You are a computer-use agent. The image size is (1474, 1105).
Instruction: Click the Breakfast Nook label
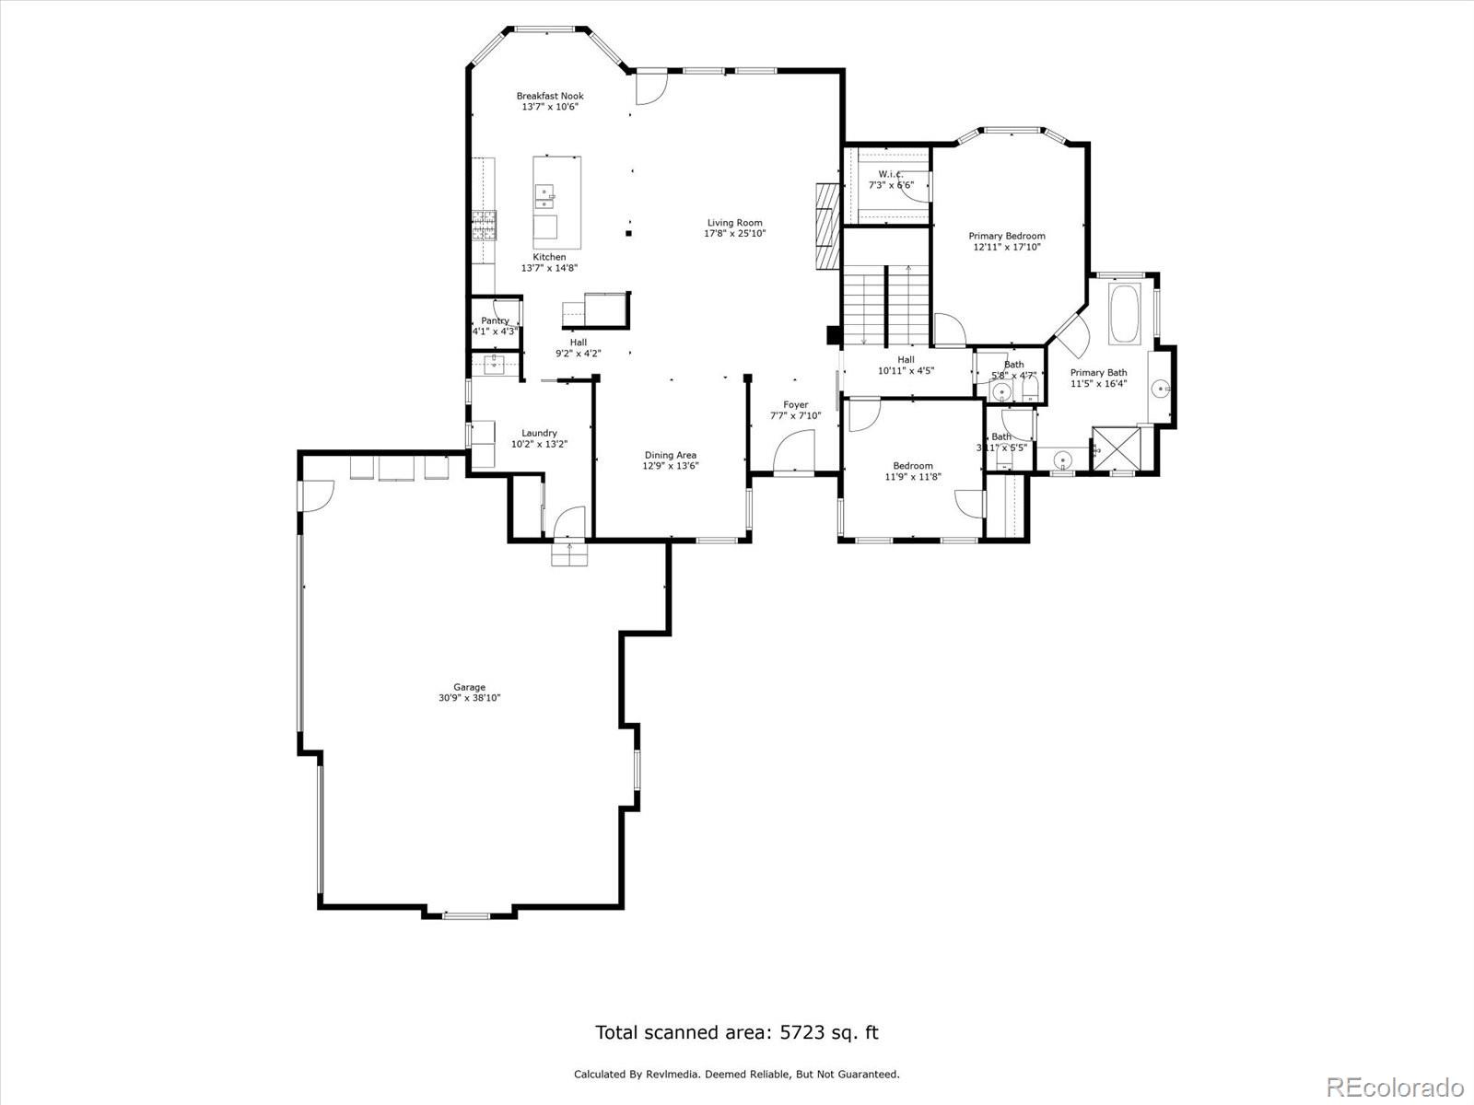click(549, 96)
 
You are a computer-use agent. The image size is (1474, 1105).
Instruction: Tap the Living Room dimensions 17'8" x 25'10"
click(734, 234)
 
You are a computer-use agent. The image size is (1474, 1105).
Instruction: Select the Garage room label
click(469, 687)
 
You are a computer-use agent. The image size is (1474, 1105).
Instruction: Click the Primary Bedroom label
click(1006, 236)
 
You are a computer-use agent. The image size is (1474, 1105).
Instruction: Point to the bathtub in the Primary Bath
click(1125, 315)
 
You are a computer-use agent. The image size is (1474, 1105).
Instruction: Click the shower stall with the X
click(1116, 448)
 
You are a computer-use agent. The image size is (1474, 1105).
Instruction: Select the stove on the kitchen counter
click(484, 227)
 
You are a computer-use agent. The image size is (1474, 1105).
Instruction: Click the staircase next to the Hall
click(886, 304)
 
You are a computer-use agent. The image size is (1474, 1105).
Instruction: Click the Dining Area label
click(670, 455)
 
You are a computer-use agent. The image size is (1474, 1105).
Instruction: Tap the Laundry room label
click(539, 433)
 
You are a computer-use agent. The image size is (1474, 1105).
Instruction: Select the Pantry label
click(495, 320)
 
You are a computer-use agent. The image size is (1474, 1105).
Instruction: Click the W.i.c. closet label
click(890, 174)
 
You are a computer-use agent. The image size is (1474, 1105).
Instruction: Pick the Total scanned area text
click(736, 1032)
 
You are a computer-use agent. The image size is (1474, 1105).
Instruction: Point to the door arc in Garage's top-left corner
click(318, 495)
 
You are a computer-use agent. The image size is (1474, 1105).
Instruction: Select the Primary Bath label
click(1098, 373)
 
